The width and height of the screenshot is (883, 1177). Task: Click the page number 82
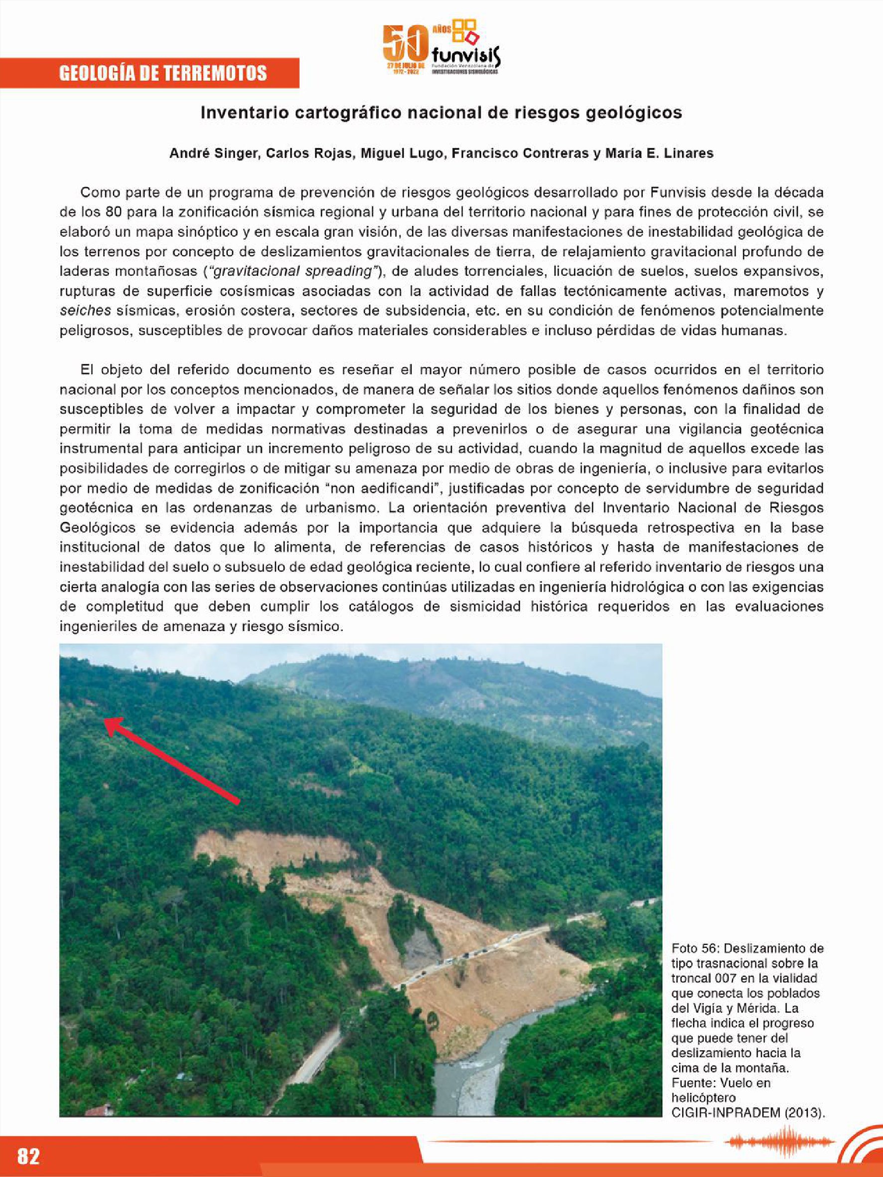(28, 1156)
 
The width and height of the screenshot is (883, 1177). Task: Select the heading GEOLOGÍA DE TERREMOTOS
(163, 73)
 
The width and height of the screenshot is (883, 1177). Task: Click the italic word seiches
(85, 311)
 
